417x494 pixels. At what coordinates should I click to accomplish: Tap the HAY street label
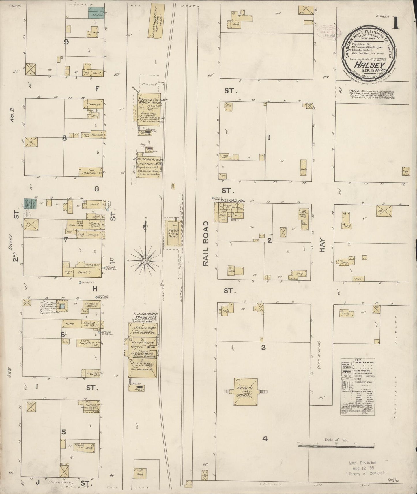(x=322, y=245)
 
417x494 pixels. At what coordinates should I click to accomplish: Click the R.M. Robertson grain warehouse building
(x=148, y=167)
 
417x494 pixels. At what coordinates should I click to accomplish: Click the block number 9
(x=66, y=42)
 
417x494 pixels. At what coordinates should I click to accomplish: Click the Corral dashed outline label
(x=149, y=84)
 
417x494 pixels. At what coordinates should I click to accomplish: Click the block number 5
(x=63, y=432)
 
